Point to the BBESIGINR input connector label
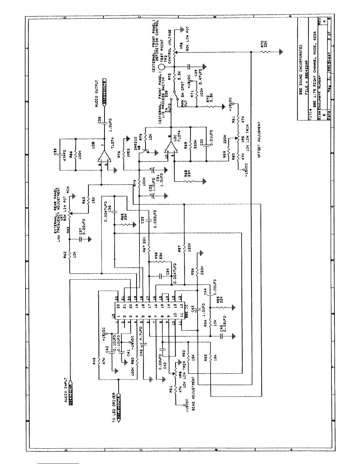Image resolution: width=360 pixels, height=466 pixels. click(x=71, y=394)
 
